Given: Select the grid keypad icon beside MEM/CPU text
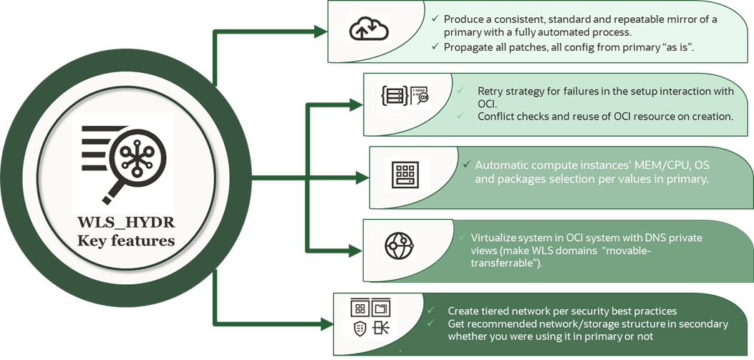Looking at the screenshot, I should tap(405, 174).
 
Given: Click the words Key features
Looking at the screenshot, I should tap(126, 240).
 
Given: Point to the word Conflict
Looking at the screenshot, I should tap(495, 116).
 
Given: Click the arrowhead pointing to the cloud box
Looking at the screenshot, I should tap(319, 31).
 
